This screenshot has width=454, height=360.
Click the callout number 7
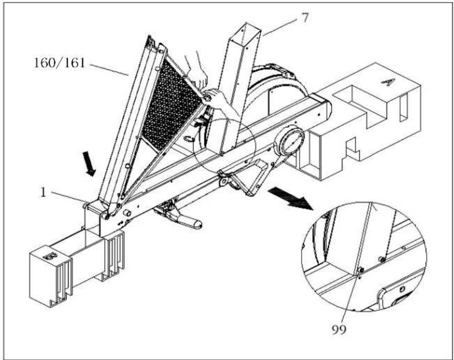(x=305, y=18)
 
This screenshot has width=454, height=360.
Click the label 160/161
(x=60, y=62)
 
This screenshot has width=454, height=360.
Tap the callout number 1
(x=43, y=192)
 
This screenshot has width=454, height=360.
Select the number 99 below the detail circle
(x=339, y=330)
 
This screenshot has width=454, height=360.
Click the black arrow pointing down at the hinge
(x=89, y=163)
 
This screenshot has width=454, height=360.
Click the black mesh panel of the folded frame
(x=170, y=104)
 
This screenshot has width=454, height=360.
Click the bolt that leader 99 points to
(x=361, y=270)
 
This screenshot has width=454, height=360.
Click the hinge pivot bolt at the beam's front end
(x=105, y=216)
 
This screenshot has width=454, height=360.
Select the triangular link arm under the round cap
(x=248, y=176)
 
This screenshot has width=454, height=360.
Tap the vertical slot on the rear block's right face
(x=403, y=108)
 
